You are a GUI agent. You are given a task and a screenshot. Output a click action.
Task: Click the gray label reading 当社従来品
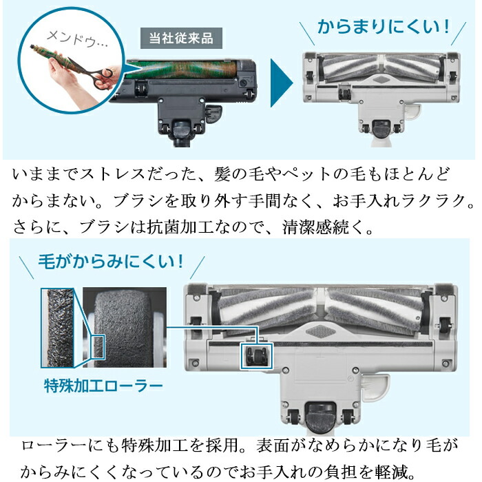(x=181, y=37)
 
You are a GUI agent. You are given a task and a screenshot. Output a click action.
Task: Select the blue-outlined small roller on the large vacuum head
(x=255, y=355)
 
